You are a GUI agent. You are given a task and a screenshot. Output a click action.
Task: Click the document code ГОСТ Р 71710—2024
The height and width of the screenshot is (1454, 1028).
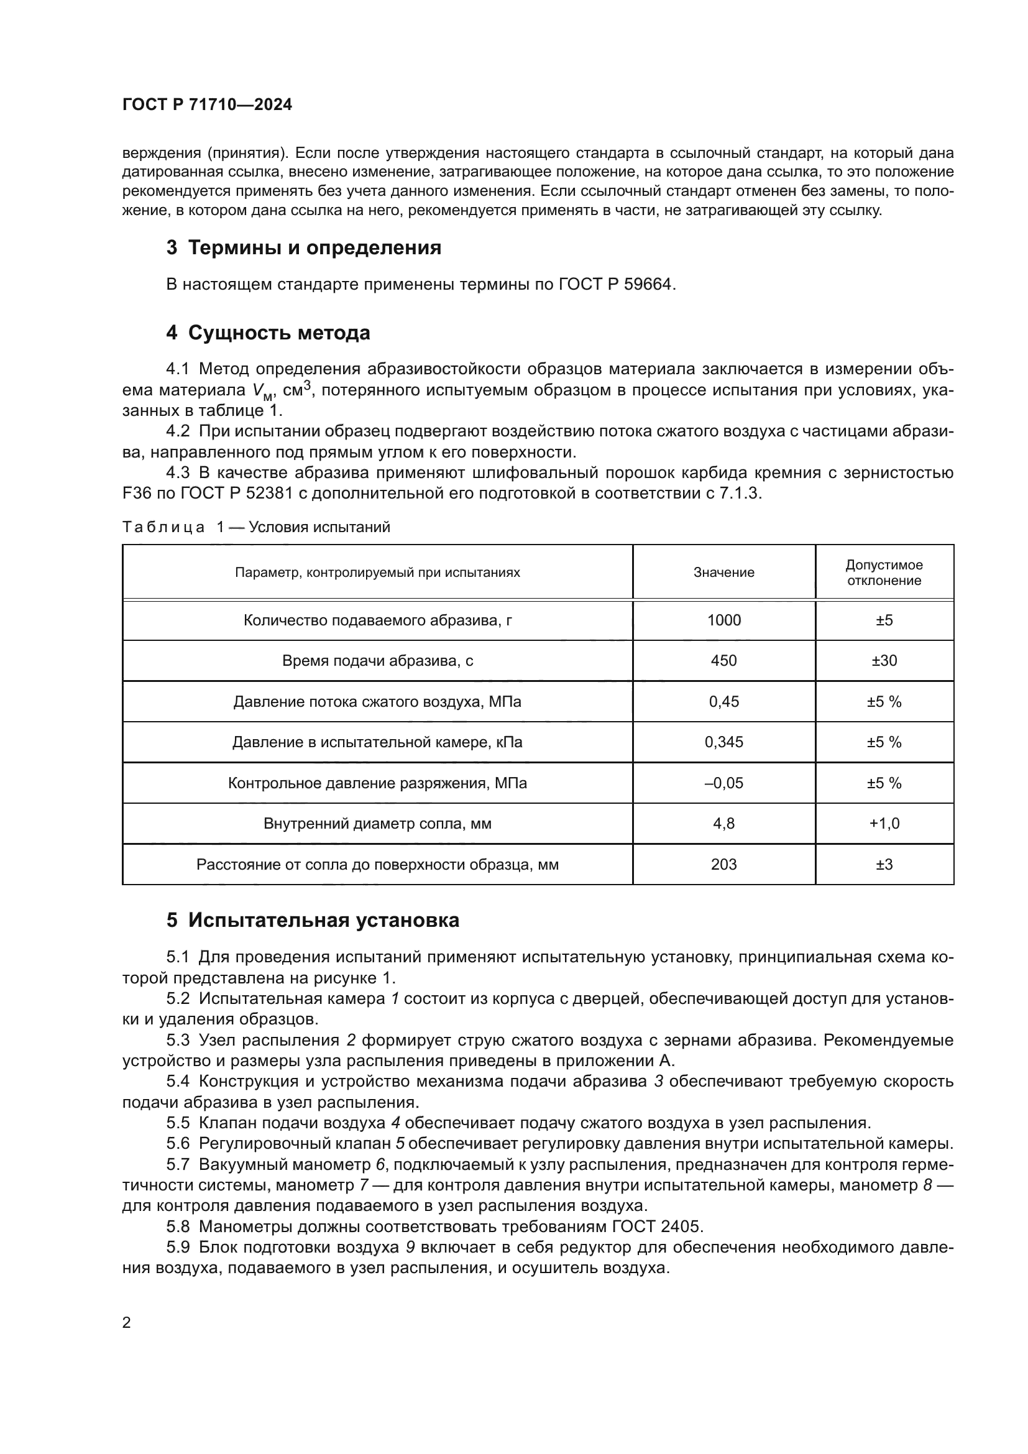click(207, 105)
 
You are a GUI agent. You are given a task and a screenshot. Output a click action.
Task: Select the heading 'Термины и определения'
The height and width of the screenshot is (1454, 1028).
click(314, 247)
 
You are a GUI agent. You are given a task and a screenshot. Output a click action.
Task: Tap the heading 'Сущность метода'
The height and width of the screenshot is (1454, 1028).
click(278, 333)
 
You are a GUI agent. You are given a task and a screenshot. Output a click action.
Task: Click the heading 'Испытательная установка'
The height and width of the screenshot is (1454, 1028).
click(323, 920)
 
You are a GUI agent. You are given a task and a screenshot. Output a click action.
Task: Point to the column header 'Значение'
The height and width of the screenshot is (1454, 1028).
click(723, 573)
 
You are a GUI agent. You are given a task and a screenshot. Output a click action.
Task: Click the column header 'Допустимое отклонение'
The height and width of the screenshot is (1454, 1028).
click(884, 573)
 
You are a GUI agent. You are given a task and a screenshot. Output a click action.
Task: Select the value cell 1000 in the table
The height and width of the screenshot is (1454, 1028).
click(723, 620)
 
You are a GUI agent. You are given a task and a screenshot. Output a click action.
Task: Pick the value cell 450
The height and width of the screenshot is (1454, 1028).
click(723, 661)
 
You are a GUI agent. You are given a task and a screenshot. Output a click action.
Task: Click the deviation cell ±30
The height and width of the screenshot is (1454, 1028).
click(884, 661)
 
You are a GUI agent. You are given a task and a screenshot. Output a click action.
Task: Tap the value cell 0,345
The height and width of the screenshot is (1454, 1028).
click(723, 742)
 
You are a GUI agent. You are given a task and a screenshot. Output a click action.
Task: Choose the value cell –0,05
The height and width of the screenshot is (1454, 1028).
click(723, 783)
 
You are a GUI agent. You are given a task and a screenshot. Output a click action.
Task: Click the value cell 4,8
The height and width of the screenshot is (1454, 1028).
click(723, 824)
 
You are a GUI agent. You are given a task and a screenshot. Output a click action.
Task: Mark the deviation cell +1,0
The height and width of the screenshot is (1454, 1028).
click(884, 824)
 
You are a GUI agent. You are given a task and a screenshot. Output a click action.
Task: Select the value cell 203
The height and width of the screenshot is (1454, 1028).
click(723, 865)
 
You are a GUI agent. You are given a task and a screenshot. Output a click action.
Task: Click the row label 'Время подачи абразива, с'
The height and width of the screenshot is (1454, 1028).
click(377, 661)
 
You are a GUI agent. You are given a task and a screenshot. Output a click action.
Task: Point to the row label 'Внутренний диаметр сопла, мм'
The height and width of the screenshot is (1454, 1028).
click(377, 824)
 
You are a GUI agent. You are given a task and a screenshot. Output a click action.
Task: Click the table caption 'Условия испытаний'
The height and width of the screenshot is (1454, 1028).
click(319, 527)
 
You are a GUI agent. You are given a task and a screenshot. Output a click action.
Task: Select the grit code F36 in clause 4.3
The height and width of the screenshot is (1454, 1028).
click(134, 494)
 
